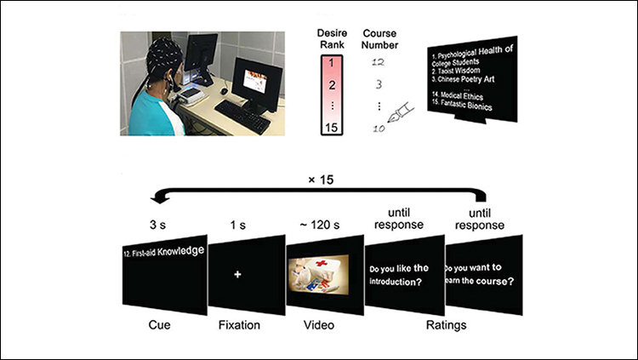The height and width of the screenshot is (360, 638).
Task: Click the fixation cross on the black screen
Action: pos(237,275)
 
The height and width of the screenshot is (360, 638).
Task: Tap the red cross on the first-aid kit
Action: pos(322,264)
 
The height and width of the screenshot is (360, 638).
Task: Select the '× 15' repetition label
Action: pos(321,180)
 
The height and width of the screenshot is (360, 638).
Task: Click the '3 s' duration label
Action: pos(157,225)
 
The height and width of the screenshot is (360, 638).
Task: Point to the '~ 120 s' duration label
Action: pos(319,225)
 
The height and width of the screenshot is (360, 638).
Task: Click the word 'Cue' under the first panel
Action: pos(160,325)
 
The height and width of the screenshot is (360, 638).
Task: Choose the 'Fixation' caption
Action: pos(239,325)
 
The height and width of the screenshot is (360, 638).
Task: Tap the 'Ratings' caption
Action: pos(446,325)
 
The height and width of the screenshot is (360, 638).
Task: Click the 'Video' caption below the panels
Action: pos(319,325)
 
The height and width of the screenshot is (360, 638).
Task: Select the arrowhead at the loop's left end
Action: pos(160,199)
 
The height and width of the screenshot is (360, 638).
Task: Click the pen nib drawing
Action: pos(400,113)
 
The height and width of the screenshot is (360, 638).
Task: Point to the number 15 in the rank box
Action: pos(332,128)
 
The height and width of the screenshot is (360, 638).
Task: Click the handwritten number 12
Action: pos(378,62)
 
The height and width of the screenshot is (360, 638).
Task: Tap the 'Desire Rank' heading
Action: pos(332,38)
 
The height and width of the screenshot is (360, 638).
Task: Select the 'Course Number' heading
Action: pos(379,39)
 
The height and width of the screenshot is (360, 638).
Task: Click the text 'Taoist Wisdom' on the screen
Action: pos(459,71)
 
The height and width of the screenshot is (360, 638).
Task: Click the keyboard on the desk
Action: pos(242,117)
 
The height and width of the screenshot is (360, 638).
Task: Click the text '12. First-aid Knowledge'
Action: pos(163,251)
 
